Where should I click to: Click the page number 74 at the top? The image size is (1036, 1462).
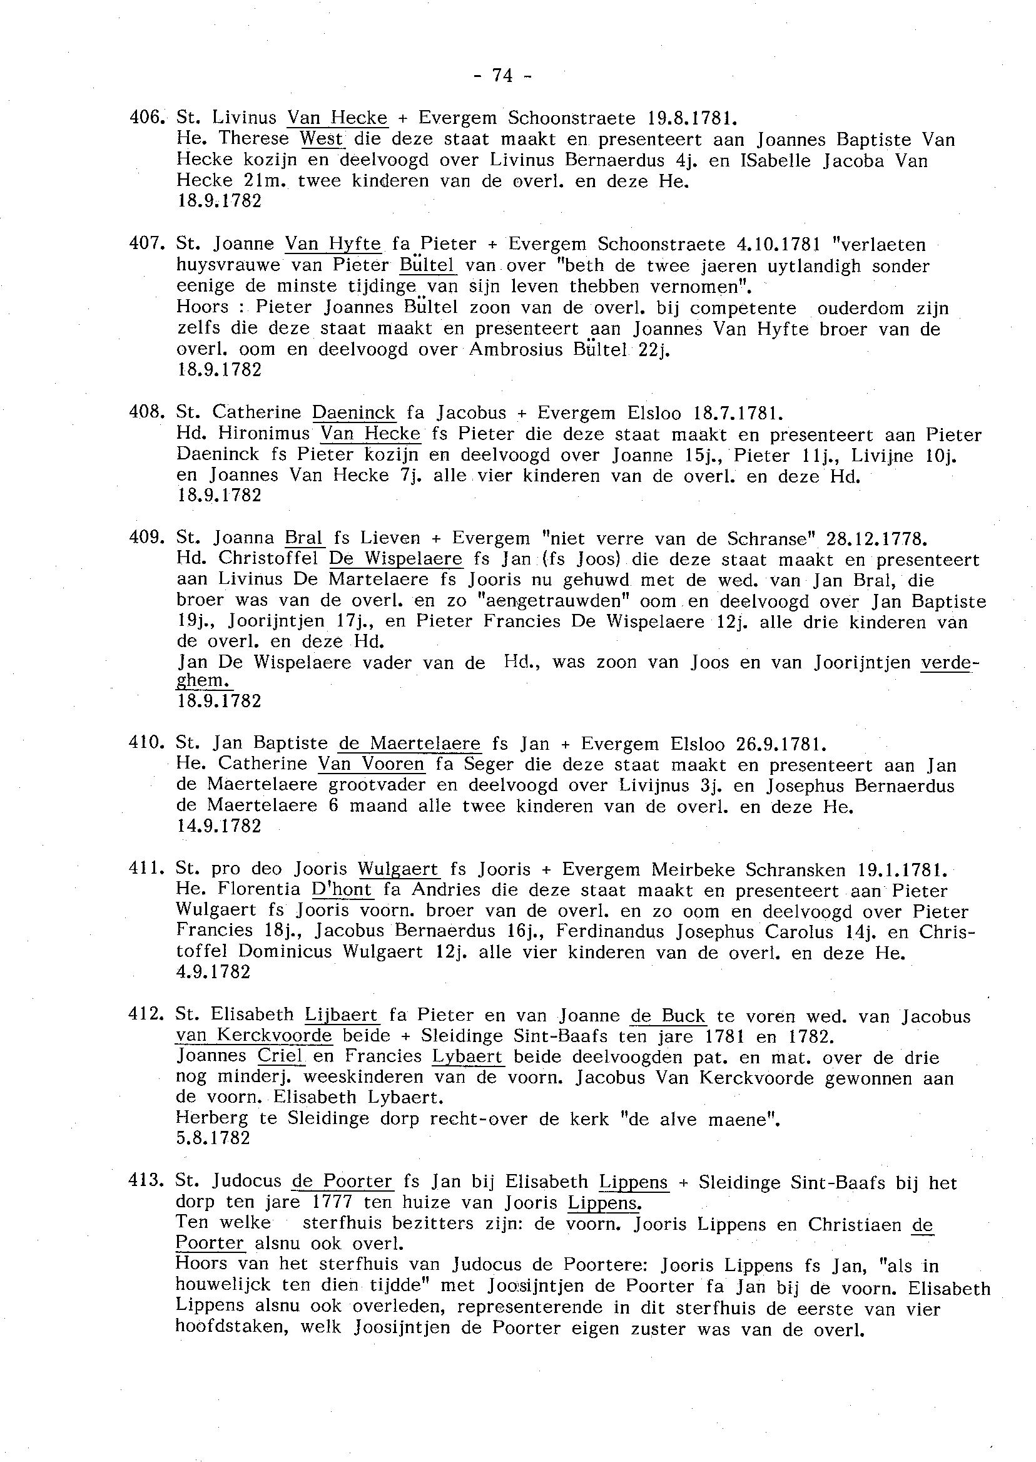coord(503,76)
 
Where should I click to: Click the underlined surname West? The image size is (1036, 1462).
coord(322,138)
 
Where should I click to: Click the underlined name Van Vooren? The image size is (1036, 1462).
coord(371,764)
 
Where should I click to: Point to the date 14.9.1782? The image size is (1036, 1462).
coord(218,826)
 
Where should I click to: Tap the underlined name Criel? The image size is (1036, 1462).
coord(280,1056)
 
